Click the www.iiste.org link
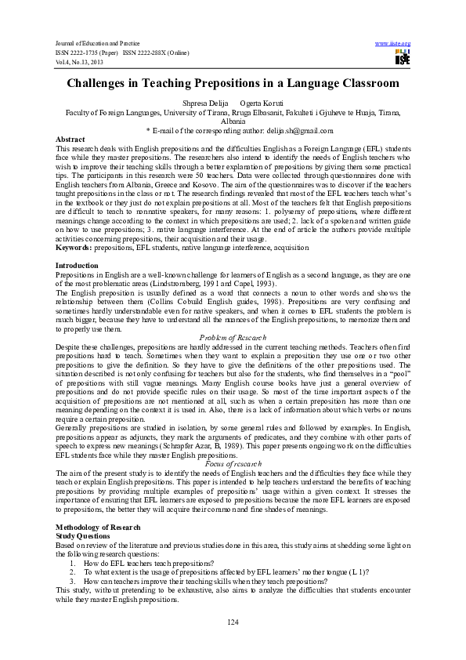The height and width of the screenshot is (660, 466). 394,42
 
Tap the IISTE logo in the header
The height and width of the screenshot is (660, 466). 403,56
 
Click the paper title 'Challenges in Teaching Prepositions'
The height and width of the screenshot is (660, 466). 233,82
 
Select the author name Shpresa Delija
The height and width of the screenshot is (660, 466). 202,103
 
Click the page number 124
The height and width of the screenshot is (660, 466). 233,622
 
